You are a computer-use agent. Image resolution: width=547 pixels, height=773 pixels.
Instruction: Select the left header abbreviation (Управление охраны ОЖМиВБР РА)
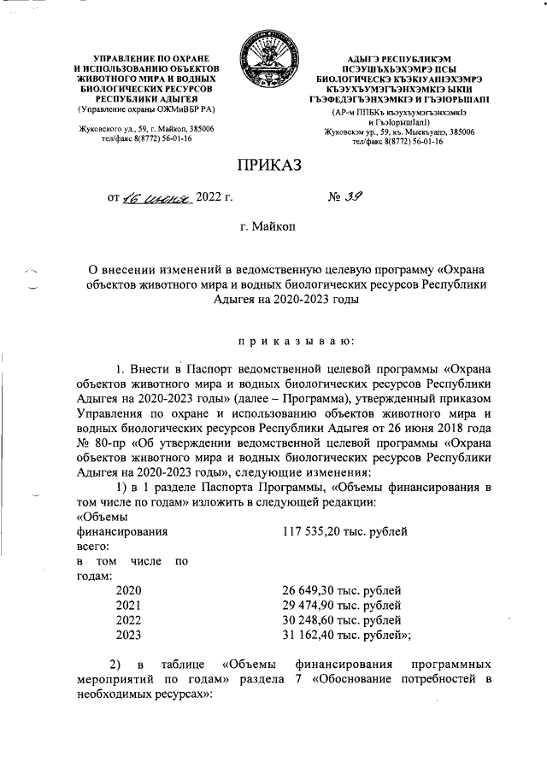pos(147,108)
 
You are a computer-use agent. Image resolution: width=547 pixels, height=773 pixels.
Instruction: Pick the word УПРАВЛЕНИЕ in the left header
pos(115,56)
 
